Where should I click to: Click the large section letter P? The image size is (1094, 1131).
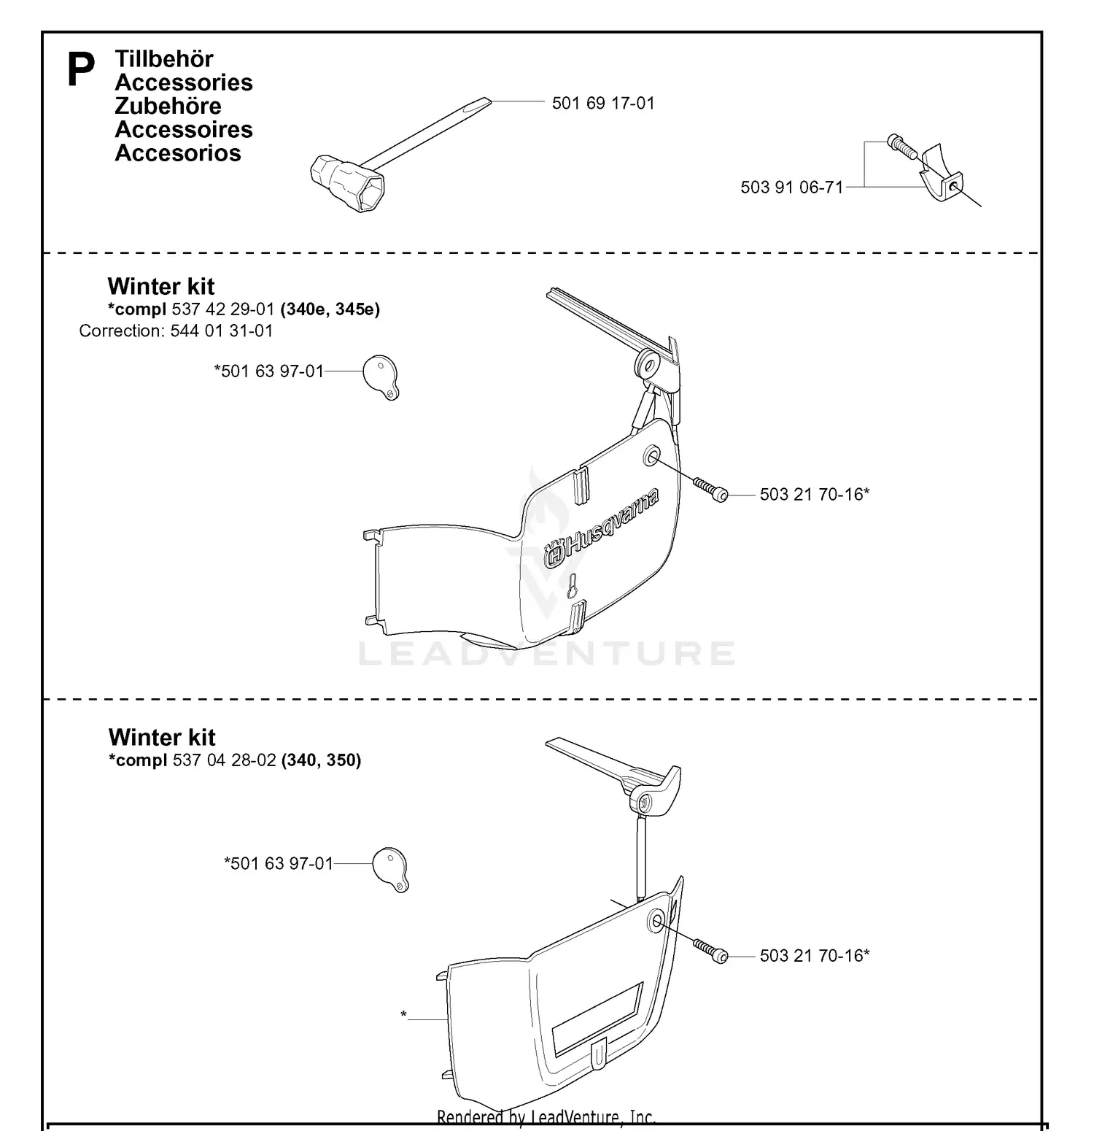click(x=81, y=71)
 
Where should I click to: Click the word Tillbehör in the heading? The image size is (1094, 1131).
click(x=164, y=59)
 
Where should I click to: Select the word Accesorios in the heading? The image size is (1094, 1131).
click(x=178, y=153)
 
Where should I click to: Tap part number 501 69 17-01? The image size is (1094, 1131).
click(x=603, y=104)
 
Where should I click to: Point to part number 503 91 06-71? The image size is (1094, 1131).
click(x=791, y=188)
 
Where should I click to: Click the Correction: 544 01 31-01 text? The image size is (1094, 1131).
click(x=176, y=331)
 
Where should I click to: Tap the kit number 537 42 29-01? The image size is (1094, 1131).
click(x=223, y=309)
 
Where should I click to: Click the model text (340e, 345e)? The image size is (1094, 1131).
click(x=330, y=309)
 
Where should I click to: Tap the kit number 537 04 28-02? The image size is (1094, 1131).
click(x=224, y=760)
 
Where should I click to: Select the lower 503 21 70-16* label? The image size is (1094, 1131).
click(x=814, y=956)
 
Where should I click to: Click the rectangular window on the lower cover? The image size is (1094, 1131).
click(x=597, y=1019)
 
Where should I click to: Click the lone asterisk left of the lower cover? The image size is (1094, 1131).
click(x=403, y=1015)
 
